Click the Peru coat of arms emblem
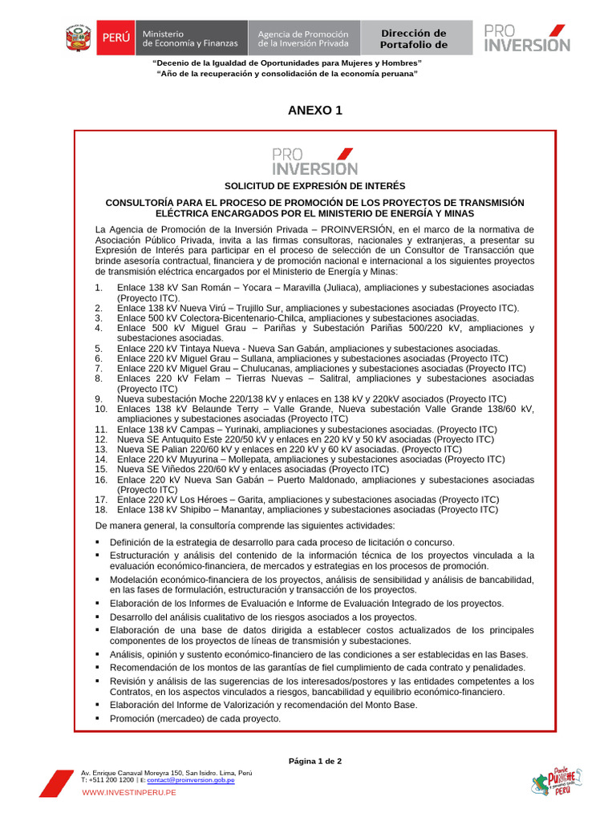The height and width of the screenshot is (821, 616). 78,38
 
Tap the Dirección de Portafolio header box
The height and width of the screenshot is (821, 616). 413,38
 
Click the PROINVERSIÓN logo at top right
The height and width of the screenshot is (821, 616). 527,38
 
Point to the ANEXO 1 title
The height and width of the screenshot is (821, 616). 314,111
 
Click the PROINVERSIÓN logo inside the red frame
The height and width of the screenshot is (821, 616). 314,160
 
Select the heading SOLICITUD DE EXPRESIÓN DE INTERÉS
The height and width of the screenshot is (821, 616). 314,186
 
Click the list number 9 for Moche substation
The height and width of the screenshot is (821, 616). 98,398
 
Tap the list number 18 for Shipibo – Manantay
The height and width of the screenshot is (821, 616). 100,509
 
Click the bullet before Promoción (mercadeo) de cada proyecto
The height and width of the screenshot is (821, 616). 98,718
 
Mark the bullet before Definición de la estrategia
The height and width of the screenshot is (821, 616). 98,542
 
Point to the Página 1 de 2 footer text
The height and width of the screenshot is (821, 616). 314,761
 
